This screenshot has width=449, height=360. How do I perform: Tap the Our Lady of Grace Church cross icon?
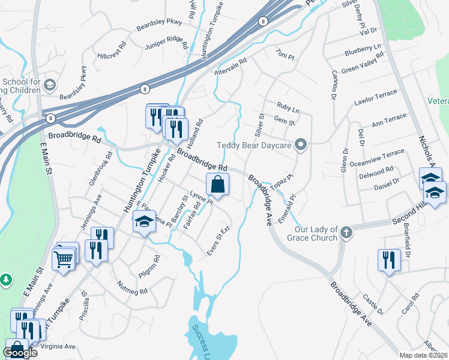346,232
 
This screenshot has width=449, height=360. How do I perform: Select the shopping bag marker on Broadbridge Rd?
217,185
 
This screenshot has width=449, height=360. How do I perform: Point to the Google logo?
20,353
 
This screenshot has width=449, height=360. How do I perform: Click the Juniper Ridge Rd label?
166,46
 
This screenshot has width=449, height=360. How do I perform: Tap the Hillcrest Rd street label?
112,53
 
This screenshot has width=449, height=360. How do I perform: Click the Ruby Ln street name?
288,107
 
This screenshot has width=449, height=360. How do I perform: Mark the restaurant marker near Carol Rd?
389,260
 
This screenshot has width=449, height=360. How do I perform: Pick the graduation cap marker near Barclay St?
144,222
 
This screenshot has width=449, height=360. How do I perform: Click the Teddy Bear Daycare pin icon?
302,145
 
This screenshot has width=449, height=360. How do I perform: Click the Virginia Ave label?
58,347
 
